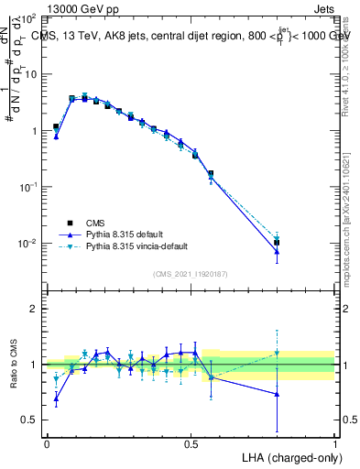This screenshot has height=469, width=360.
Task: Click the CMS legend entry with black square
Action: [95, 222]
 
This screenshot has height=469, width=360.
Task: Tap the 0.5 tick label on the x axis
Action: [191, 443]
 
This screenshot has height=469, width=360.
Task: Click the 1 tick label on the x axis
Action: [335, 443]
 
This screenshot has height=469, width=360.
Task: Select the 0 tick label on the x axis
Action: [46, 443]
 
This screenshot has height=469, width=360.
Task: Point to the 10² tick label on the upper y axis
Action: [30, 18]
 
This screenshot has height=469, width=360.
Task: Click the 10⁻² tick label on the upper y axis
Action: [30, 243]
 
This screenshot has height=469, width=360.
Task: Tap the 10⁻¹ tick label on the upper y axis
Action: [30, 187]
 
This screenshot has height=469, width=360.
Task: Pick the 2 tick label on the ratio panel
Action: [35, 309]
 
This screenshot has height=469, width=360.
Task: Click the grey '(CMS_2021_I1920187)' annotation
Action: [191, 274]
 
